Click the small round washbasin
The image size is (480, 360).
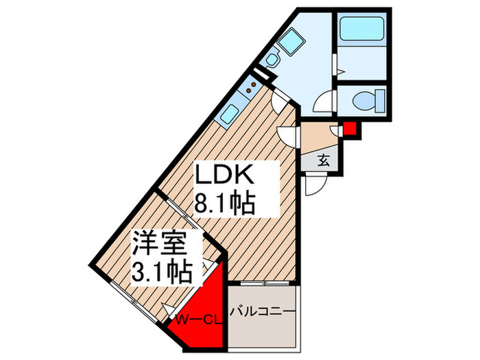pos(272,60)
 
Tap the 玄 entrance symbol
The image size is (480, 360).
pos(322,162)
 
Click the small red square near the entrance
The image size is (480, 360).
pos(350,128)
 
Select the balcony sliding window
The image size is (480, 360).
pos(263,283)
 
